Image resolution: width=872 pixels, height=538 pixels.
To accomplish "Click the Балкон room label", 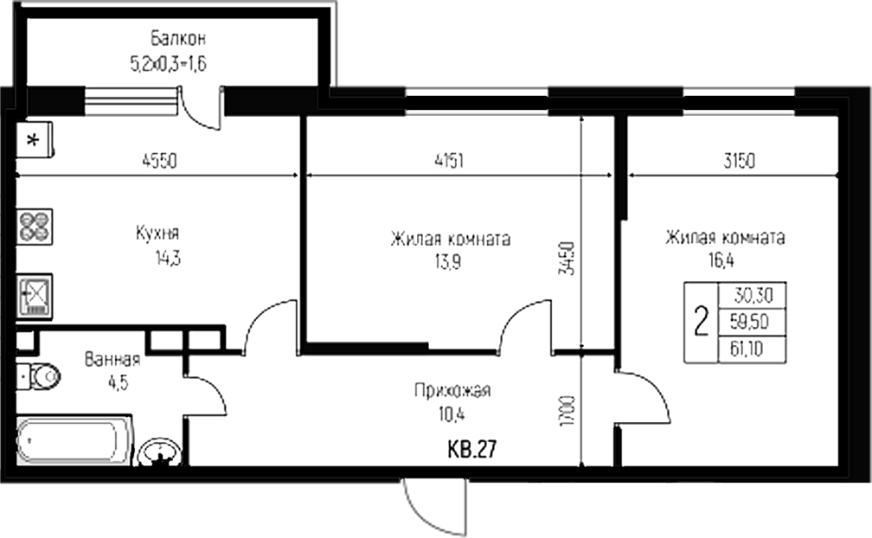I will tap(177, 39).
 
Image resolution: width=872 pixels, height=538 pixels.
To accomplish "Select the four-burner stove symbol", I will tap(35, 227).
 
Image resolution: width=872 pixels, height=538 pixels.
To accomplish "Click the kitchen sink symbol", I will tap(35, 293).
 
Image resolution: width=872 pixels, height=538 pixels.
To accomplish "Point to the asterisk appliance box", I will tap(35, 141).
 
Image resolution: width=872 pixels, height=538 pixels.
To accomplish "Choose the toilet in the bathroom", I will tap(39, 376).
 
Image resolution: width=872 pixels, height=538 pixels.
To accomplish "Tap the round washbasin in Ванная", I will tap(159, 452).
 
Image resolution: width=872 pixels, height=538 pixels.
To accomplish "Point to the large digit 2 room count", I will tap(701, 322).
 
